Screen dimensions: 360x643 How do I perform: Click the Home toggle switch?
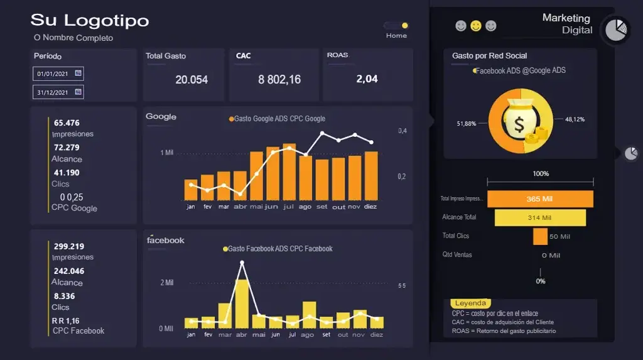point(397,26)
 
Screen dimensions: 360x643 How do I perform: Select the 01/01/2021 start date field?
point(58,74)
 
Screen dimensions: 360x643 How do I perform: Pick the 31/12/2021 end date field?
point(58,92)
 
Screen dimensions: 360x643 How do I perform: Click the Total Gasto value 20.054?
point(192,80)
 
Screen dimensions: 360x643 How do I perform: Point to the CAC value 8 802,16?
point(279,80)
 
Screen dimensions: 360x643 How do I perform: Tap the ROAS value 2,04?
point(367,79)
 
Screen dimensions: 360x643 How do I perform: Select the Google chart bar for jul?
point(289,172)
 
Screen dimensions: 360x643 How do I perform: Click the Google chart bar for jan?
point(191,190)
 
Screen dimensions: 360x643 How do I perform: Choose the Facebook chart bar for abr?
point(242,303)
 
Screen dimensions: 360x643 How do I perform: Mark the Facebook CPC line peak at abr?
point(242,263)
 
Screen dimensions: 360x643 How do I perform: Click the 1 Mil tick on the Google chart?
point(166,153)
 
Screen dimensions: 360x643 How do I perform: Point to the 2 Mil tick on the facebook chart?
point(166,283)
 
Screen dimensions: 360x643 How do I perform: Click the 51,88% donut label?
point(466,124)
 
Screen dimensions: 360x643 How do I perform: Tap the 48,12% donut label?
point(575,119)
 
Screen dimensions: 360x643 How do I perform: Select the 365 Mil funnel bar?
point(540,199)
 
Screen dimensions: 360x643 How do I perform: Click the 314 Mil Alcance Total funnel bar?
point(540,218)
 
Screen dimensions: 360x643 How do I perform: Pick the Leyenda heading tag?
point(470,303)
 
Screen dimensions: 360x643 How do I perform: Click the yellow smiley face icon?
point(476,26)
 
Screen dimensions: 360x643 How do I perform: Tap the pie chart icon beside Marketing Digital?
point(616,29)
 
